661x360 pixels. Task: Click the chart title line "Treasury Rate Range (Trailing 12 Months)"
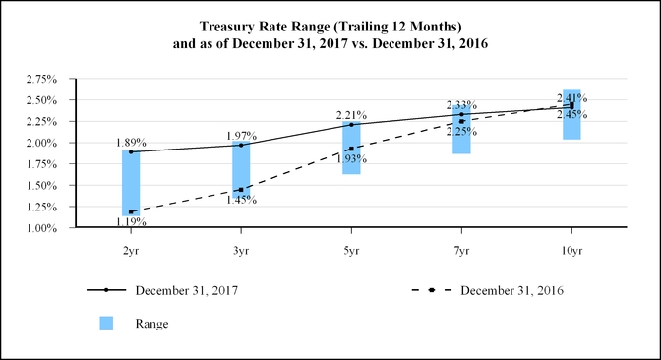pos(330,25)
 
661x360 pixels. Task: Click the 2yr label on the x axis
pos(131,251)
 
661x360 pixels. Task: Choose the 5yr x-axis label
pos(351,251)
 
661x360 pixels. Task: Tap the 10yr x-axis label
pos(571,251)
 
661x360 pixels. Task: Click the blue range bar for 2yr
pos(131,182)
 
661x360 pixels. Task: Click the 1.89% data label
pos(130,141)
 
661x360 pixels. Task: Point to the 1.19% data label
pos(130,222)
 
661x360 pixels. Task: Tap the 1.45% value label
pos(241,200)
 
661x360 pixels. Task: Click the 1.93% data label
pos(351,158)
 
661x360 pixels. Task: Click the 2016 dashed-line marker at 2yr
pos(131,211)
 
